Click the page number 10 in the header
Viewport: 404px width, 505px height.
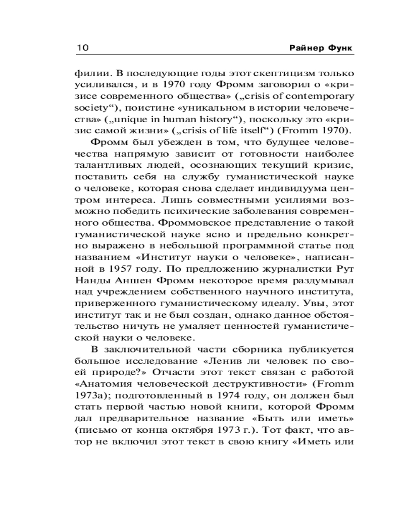point(83,47)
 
